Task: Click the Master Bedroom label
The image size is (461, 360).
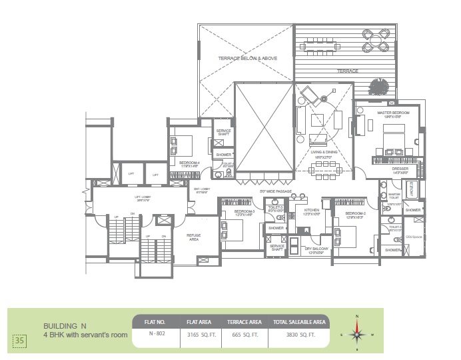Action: pyautogui.click(x=392, y=113)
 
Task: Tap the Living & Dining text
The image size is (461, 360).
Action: pyautogui.click(x=325, y=152)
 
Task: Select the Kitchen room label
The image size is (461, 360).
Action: pyautogui.click(x=312, y=210)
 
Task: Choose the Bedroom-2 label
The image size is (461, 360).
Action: pyautogui.click(x=349, y=210)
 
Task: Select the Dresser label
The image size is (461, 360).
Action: pyautogui.click(x=400, y=169)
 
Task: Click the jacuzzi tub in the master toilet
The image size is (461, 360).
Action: pyautogui.click(x=411, y=189)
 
